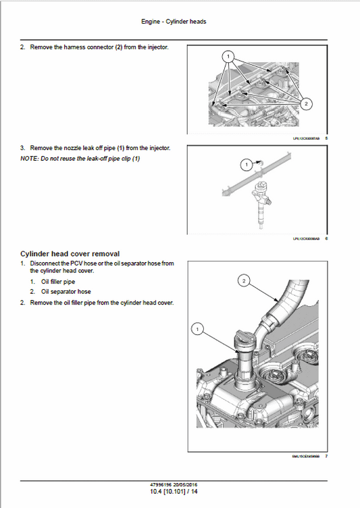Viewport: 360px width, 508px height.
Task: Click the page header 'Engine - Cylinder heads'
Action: pos(174,22)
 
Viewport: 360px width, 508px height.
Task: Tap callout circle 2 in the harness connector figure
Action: pos(307,103)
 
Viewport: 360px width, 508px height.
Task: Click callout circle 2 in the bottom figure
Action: pos(245,278)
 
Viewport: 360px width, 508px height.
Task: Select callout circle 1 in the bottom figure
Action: pos(197,329)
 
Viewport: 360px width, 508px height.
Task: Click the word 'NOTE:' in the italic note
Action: pos(28,159)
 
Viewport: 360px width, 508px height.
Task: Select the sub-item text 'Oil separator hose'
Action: pos(65,292)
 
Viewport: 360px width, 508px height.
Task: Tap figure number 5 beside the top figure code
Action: pos(326,138)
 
